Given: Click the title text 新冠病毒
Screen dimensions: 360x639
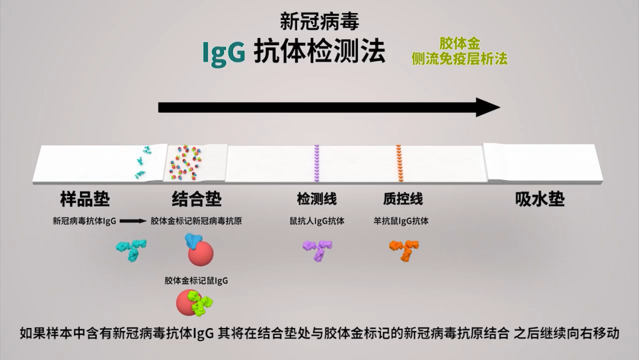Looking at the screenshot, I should [x=319, y=22].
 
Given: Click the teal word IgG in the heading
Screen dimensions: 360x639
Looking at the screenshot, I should [x=224, y=53].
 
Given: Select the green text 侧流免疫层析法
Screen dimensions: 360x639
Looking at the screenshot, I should [x=459, y=58].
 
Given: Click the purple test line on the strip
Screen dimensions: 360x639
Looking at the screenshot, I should [x=317, y=163].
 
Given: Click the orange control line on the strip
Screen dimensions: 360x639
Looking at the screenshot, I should [x=399, y=163].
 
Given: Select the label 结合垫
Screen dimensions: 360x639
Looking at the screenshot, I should [x=197, y=199].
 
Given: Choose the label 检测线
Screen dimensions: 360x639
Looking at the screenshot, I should [x=317, y=199].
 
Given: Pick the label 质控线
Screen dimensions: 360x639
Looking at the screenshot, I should [x=403, y=199].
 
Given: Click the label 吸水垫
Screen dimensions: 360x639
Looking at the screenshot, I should [x=540, y=199].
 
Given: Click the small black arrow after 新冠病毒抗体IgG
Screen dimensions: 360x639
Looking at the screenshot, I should [x=133, y=221].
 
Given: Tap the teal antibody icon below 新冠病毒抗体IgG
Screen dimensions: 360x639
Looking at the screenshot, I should [x=131, y=249].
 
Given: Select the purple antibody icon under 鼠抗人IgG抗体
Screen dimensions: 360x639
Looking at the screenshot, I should [x=318, y=249].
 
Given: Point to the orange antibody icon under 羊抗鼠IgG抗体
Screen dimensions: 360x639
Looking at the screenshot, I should [x=405, y=249].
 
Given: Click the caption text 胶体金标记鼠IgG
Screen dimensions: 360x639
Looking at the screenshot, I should [x=196, y=281].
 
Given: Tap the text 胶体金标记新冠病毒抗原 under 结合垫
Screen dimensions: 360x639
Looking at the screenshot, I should [x=196, y=221].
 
